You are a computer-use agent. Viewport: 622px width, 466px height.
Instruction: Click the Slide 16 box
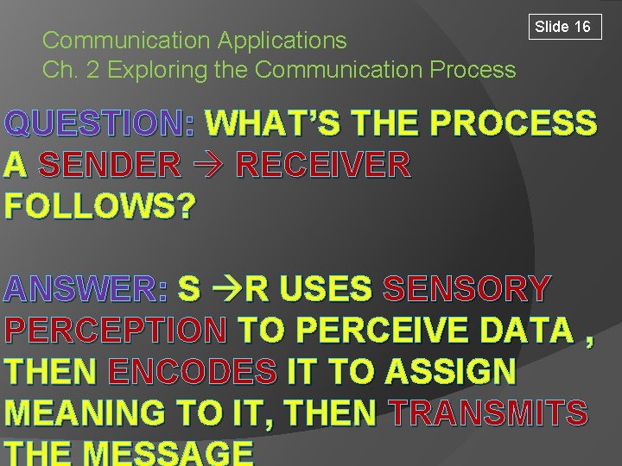tap(562, 27)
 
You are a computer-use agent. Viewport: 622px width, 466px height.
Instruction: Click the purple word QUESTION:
tap(100, 124)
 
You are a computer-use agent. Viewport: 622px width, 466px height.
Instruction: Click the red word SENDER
tap(111, 164)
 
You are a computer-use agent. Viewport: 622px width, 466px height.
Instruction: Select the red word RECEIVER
tap(323, 164)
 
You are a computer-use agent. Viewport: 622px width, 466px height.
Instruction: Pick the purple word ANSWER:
tap(86, 289)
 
